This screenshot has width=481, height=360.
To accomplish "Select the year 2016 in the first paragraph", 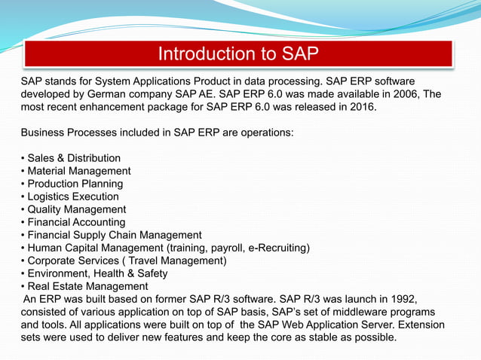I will pos(357,107).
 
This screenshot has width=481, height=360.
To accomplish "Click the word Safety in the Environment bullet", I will pos(151,273).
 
